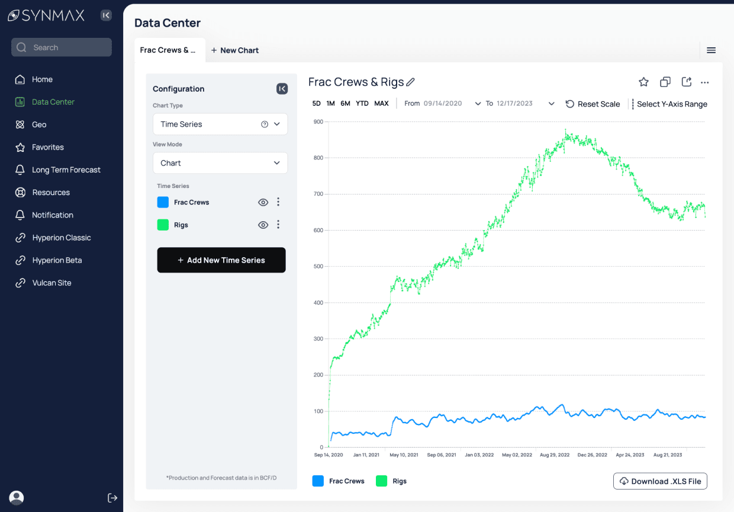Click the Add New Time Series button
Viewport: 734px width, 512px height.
[221, 260]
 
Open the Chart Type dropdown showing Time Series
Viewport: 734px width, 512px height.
[220, 124]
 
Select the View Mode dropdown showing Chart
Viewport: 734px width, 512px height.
[220, 163]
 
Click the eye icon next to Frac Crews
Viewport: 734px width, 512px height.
[263, 202]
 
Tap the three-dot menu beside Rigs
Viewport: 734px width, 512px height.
[278, 225]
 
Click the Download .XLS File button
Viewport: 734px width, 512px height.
[660, 481]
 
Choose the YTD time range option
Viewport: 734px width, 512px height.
[362, 103]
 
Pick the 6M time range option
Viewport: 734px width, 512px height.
[345, 103]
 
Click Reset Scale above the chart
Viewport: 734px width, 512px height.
[593, 104]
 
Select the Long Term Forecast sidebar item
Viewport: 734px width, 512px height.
[66, 170]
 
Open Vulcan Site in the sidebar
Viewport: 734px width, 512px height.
[51, 283]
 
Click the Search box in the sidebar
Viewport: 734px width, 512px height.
[62, 47]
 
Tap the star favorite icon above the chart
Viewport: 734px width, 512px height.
[643, 82]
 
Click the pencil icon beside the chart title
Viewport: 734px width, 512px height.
[410, 82]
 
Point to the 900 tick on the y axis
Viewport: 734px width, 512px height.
[318, 122]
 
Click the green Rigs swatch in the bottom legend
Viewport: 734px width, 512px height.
[382, 481]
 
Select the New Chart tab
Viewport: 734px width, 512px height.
[235, 50]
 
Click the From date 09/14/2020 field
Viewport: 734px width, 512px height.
[443, 103]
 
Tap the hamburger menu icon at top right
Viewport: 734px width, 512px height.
[712, 50]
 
